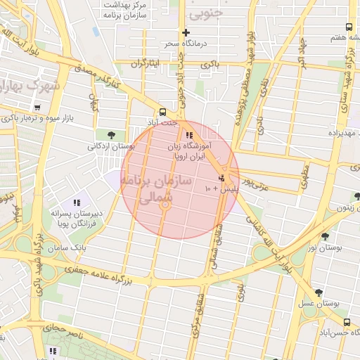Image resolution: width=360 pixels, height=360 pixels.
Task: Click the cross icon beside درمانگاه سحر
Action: coord(186,32)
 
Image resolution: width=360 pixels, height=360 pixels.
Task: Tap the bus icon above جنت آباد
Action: coord(163,112)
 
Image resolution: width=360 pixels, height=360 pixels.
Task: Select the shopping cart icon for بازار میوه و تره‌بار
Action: coord(36,108)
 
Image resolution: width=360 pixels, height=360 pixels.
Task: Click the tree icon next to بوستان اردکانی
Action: coord(111,135)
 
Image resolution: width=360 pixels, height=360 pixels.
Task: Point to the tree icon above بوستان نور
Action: coord(324,238)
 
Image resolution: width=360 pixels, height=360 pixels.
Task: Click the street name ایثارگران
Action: coord(148,63)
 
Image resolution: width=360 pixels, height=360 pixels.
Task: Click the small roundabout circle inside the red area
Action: coord(166,205)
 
